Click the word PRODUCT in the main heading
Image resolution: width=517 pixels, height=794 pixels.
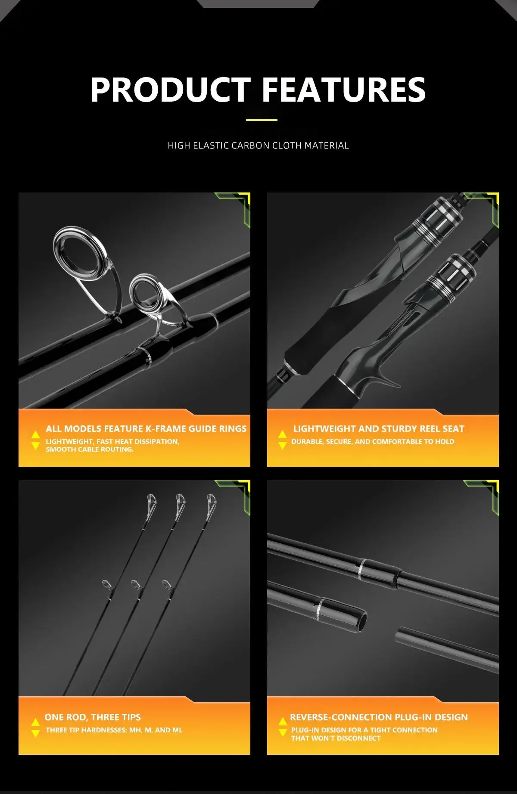pos(171,90)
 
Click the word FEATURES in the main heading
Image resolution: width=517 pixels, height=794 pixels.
pos(344,90)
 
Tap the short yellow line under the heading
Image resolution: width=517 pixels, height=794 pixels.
pos(262,120)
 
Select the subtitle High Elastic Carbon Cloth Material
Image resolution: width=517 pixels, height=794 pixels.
pos(258,146)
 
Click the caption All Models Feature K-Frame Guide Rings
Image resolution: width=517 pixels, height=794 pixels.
pos(146,428)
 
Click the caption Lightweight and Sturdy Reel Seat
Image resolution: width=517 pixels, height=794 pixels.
pos(379,428)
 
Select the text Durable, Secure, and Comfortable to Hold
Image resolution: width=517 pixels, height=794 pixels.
pos(373,441)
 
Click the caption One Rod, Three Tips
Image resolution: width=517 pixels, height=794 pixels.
pos(93,717)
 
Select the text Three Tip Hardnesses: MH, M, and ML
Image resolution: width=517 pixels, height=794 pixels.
pos(114,730)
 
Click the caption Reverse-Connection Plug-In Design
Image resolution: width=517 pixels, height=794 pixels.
pos(379,717)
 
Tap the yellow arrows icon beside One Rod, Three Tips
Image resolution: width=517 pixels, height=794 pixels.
pos(36,727)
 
